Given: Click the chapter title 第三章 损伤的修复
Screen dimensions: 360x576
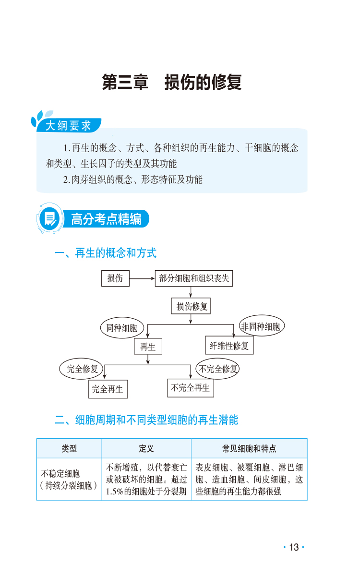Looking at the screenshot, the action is (x=172, y=83).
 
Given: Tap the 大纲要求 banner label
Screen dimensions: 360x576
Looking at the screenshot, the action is (x=68, y=126).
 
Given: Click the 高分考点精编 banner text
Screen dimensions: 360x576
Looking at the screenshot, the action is (x=106, y=220).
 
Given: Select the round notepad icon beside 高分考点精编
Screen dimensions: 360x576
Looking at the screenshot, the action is (x=49, y=220).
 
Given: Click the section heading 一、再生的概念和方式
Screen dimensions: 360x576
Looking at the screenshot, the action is (x=106, y=253).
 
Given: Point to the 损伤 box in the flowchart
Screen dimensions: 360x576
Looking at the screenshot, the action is (x=115, y=278).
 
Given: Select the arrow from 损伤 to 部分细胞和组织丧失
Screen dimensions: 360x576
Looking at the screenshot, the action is (x=142, y=278).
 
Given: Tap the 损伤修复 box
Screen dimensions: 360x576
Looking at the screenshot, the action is (x=191, y=306).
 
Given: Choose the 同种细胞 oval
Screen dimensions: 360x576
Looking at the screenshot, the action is (x=122, y=328).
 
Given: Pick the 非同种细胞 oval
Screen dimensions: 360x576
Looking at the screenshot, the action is (x=261, y=326).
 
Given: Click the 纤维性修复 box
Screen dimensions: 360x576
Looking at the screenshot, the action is (x=229, y=345).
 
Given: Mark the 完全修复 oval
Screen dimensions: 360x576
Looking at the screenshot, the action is (x=82, y=369).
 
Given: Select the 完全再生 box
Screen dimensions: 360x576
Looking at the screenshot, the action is (x=108, y=389).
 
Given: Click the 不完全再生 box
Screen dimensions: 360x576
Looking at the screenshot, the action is (x=191, y=387).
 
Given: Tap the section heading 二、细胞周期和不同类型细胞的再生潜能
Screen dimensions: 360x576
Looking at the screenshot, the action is (x=146, y=420).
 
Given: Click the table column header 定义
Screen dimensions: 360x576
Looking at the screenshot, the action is (x=146, y=449).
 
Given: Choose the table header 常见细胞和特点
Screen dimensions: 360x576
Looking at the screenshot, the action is (x=249, y=449).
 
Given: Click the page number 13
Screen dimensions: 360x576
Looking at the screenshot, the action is (x=294, y=547).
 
